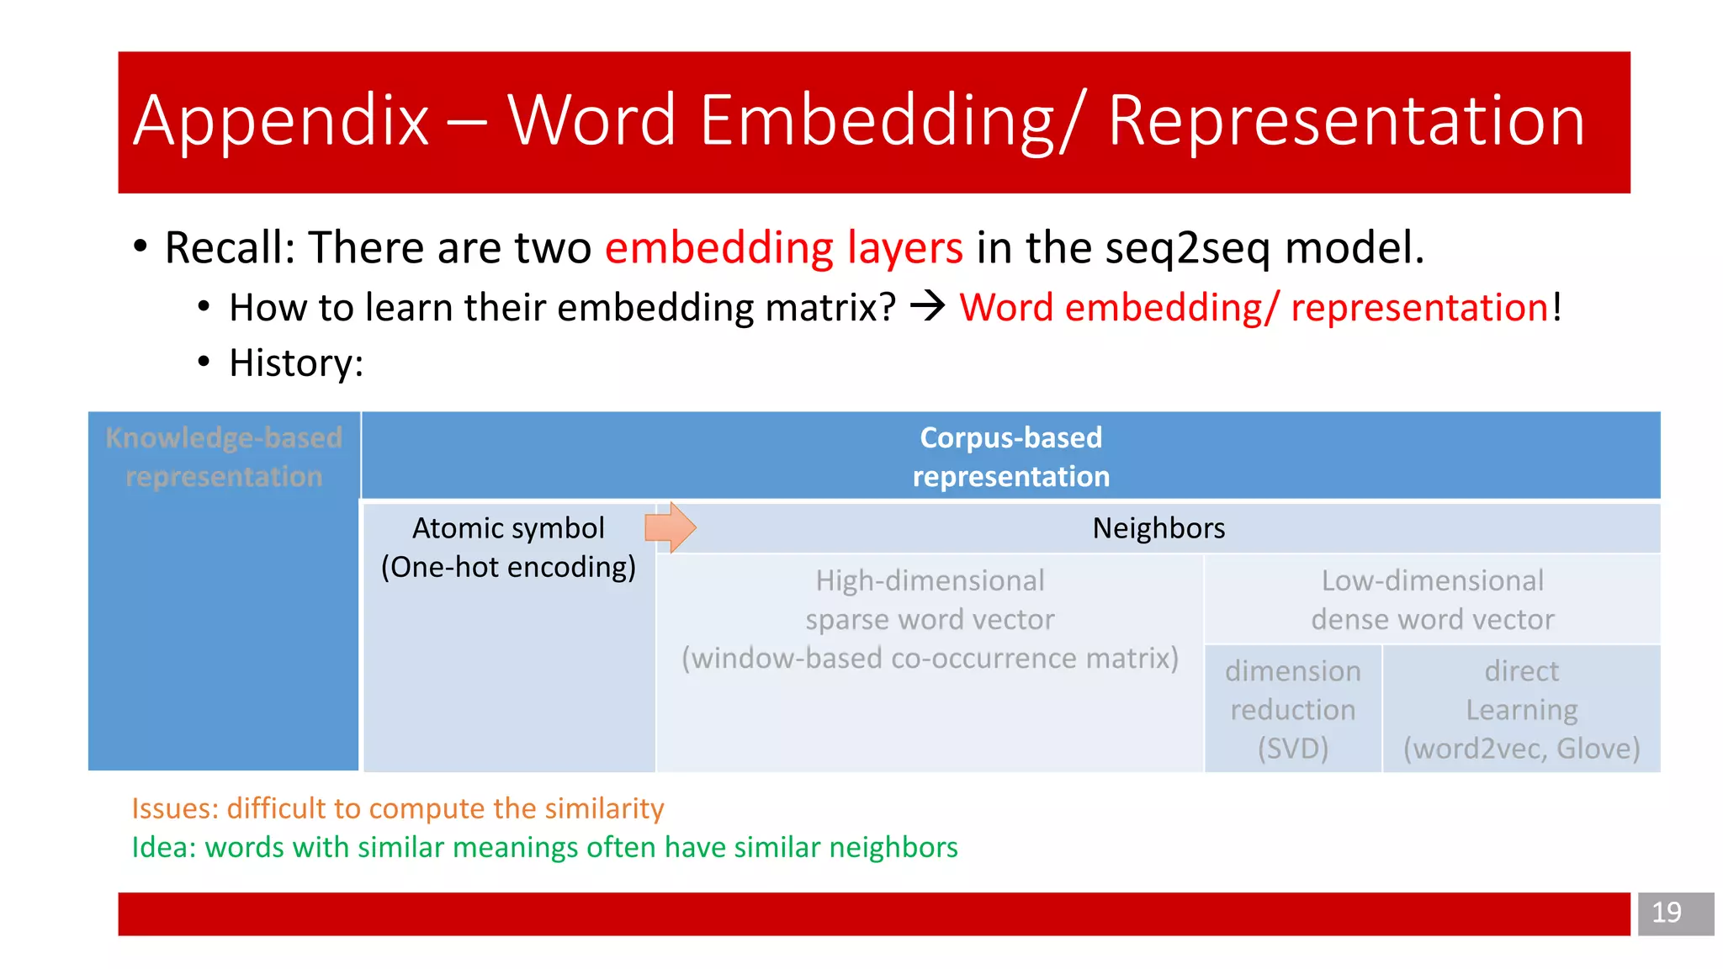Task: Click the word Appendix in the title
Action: [x=282, y=122]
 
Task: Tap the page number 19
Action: [x=1666, y=913]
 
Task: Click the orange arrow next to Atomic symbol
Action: [x=670, y=527]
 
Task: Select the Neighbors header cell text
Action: [x=1158, y=528]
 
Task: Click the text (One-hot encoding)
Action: [x=508, y=567]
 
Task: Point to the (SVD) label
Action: [x=1292, y=748]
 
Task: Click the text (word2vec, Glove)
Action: [x=1521, y=748]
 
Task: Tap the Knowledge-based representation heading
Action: [x=224, y=457]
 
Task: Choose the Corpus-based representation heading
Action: [x=1010, y=457]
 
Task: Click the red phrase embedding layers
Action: [x=783, y=248]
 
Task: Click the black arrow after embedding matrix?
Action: [x=928, y=306]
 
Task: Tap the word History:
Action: [x=296, y=363]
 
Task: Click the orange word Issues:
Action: [x=175, y=808]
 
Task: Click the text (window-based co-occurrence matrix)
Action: [x=930, y=658]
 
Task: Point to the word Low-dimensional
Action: [x=1432, y=580]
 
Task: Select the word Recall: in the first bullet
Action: [x=230, y=248]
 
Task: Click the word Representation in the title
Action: [x=1346, y=122]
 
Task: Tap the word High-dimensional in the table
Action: [x=930, y=580]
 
